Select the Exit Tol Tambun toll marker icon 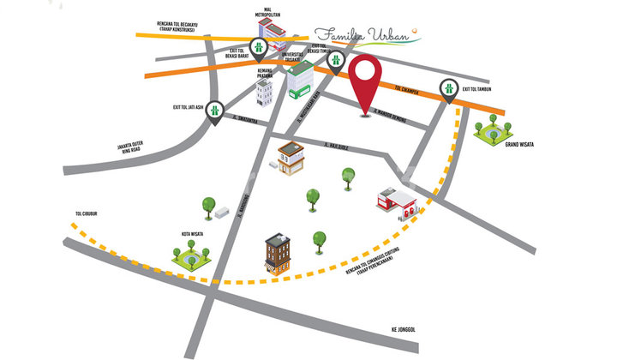[x=448, y=87]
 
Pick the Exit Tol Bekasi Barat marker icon [x=257, y=48]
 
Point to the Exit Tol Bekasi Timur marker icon [x=337, y=60]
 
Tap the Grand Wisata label [x=518, y=145]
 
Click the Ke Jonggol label [x=403, y=329]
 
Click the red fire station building [x=397, y=201]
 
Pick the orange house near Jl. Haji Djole [x=291, y=157]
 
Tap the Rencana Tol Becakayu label [x=171, y=26]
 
